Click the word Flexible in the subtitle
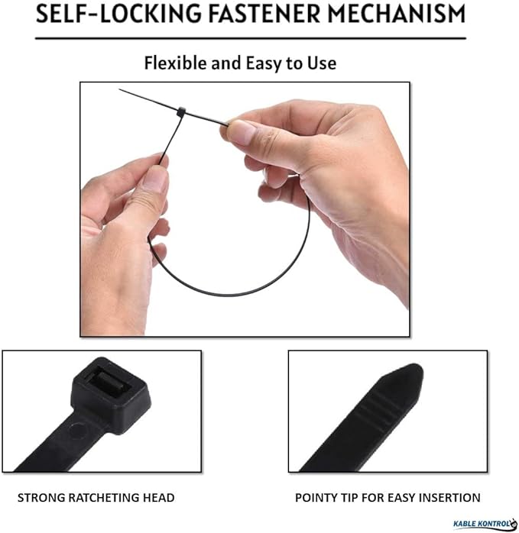[x=175, y=63]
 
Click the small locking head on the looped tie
[x=181, y=111]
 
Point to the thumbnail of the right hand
[x=241, y=131]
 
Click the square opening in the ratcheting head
[x=108, y=383]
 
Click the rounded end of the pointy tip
[x=414, y=371]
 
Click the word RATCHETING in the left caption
[x=104, y=498]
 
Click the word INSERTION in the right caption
[x=449, y=498]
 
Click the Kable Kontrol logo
[x=485, y=524]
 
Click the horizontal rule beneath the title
[x=251, y=38]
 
